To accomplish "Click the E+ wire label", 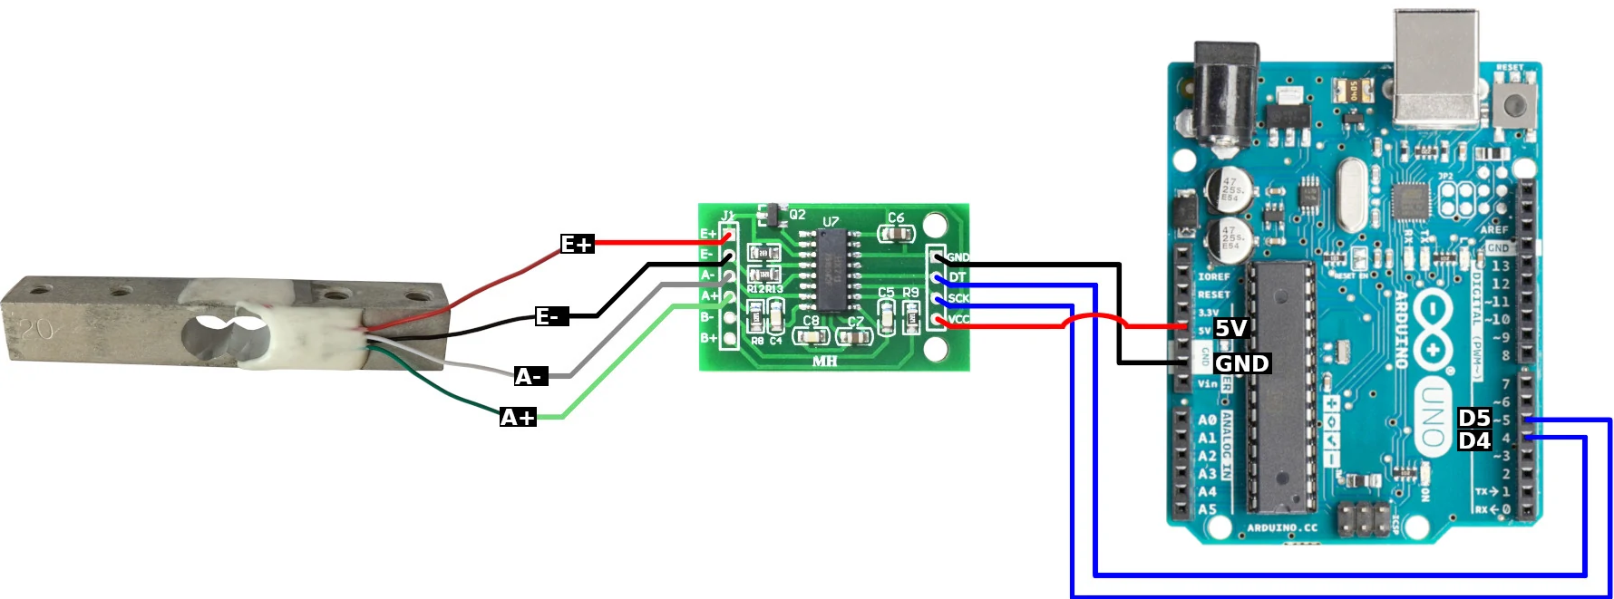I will [x=577, y=244].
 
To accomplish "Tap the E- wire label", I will [x=550, y=316].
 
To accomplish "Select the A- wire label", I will [x=530, y=376].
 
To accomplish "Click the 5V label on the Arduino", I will [x=1230, y=328].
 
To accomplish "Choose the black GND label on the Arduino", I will [x=1241, y=363].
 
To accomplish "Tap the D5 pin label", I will [x=1474, y=418].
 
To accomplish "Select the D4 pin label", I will [x=1474, y=440].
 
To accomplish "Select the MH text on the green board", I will [x=825, y=361].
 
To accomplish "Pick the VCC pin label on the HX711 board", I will [x=958, y=319].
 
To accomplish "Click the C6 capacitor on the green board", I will [x=897, y=234].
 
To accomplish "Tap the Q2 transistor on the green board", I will [x=773, y=215].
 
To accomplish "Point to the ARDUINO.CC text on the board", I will [x=1282, y=527].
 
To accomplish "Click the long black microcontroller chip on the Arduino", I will [x=1280, y=385].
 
